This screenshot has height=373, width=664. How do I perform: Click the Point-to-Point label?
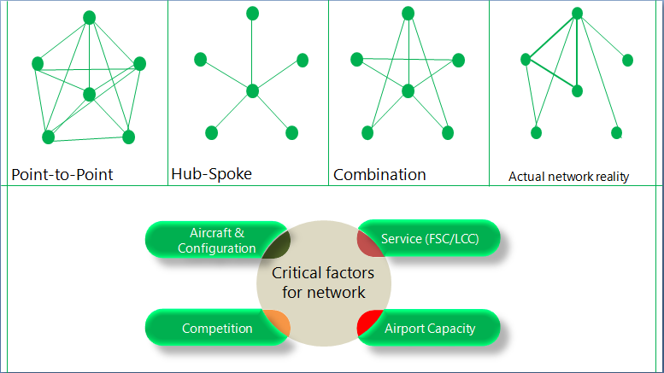pyautogui.click(x=62, y=175)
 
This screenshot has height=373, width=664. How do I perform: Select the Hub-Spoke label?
pyautogui.click(x=211, y=173)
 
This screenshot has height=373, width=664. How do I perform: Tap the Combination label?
pyautogui.click(x=379, y=175)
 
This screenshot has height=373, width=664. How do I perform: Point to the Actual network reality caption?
pyautogui.click(x=568, y=177)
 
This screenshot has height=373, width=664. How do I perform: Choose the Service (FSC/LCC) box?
pyautogui.click(x=430, y=239)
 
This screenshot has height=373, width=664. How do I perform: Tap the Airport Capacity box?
pyautogui.click(x=429, y=328)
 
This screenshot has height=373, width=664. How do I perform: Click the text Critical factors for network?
pyautogui.click(x=324, y=283)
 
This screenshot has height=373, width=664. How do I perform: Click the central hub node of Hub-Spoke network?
pyautogui.click(x=252, y=90)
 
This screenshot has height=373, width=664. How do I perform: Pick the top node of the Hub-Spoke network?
pyautogui.click(x=252, y=13)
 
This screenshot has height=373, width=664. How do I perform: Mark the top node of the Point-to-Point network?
pyautogui.click(x=90, y=17)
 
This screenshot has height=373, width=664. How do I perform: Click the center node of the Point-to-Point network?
pyautogui.click(x=90, y=94)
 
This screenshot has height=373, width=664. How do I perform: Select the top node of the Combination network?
pyautogui.click(x=408, y=13)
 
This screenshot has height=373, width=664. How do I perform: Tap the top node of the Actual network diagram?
pyautogui.click(x=578, y=13)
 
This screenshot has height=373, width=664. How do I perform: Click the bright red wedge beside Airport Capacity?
pyautogui.click(x=368, y=323)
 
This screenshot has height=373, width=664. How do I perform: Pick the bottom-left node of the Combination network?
pyautogui.click(x=367, y=132)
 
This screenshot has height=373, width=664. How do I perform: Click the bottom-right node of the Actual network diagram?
pyautogui.click(x=616, y=132)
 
